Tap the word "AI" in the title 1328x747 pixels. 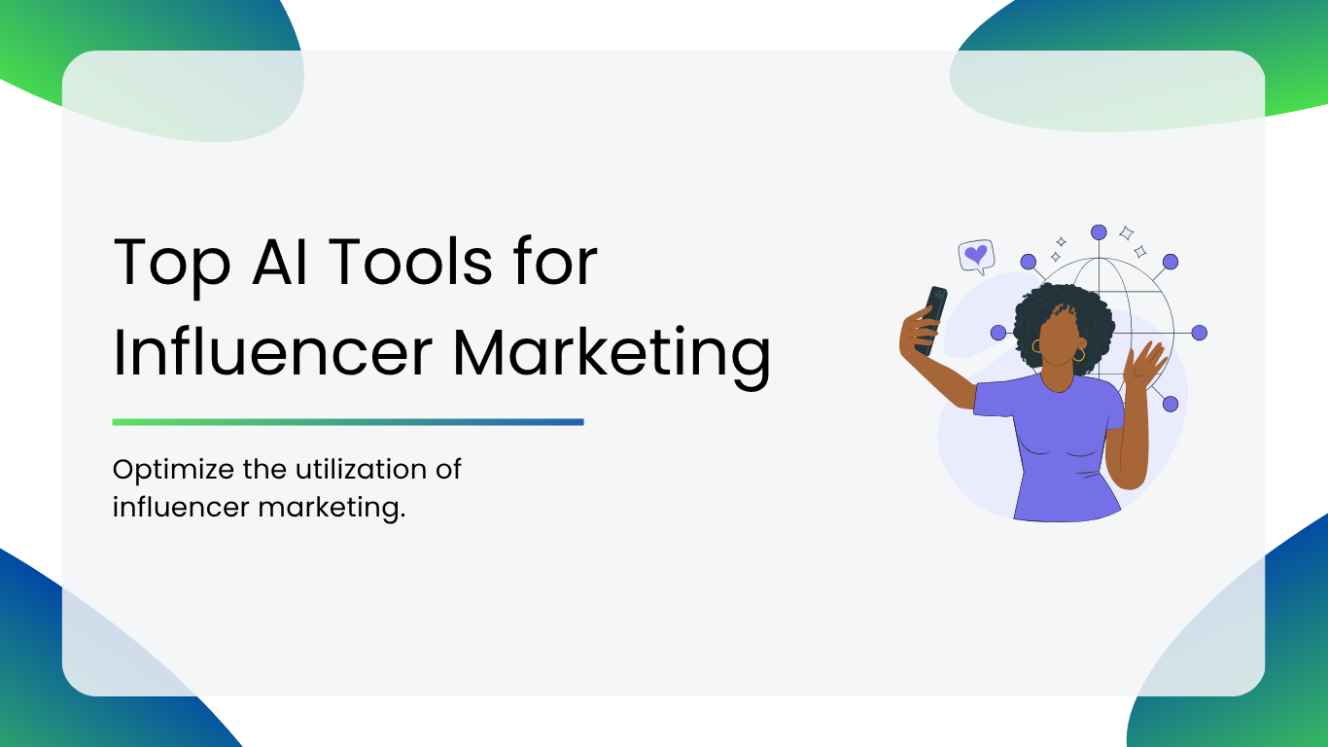click(x=280, y=262)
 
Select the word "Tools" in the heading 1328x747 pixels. click(x=410, y=262)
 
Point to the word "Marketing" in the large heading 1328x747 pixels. click(x=612, y=357)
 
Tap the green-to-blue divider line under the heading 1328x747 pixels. click(x=348, y=422)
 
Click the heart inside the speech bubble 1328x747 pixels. click(x=976, y=255)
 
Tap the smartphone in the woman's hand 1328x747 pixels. click(x=931, y=320)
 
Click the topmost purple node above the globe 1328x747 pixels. click(x=1099, y=232)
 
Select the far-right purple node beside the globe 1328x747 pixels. click(x=1200, y=333)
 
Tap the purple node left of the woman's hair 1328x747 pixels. click(x=998, y=333)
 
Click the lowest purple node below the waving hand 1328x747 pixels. click(x=1171, y=404)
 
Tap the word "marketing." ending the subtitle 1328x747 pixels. click(x=332, y=509)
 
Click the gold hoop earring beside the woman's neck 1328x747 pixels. click(x=1078, y=355)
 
